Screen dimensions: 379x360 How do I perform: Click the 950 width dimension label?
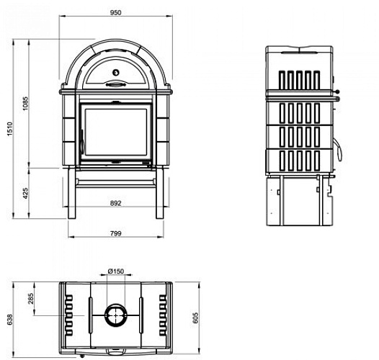(115, 12)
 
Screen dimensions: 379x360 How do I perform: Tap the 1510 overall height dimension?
(9, 129)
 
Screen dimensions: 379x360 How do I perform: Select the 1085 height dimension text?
(25, 104)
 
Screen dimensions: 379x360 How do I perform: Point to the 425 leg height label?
(25, 193)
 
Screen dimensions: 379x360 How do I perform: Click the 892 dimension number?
(115, 204)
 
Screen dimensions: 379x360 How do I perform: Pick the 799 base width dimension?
(115, 233)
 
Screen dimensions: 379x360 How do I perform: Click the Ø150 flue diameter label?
(116, 271)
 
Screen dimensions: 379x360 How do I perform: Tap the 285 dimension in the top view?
(31, 299)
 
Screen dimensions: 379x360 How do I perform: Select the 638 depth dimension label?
(9, 320)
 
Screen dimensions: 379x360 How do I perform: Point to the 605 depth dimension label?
(195, 318)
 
